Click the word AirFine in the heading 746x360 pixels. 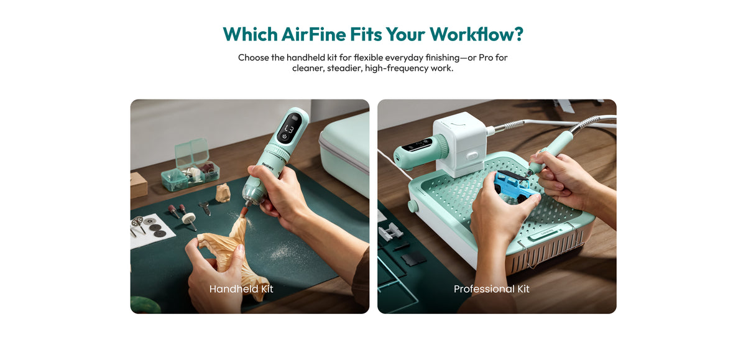pyautogui.click(x=314, y=34)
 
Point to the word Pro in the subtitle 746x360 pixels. pyautogui.click(x=486, y=58)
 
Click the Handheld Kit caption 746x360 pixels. pyautogui.click(x=241, y=288)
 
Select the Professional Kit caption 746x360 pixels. pyautogui.click(x=491, y=288)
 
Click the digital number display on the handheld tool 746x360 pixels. pyautogui.click(x=289, y=129)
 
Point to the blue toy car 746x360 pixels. pyautogui.click(x=514, y=185)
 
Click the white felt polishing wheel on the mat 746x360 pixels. pyautogui.click(x=188, y=218)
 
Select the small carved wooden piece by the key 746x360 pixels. pyautogui.click(x=223, y=193)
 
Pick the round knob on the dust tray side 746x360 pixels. pyautogui.click(x=413, y=205)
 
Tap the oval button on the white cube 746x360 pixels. pyautogui.click(x=472, y=155)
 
